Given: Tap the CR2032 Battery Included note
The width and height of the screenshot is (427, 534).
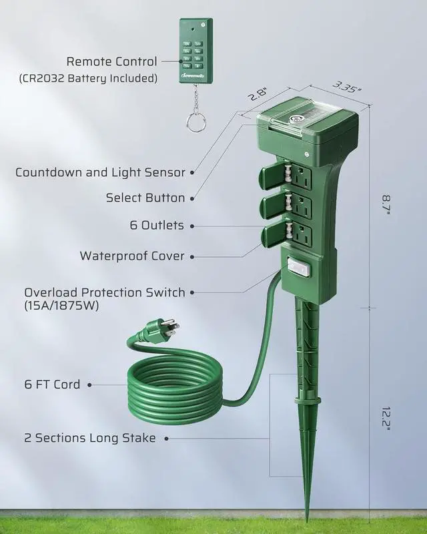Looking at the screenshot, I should tap(88, 79).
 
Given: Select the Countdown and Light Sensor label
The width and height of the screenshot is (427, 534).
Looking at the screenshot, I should tap(100, 172).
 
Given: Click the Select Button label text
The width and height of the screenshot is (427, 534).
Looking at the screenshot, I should tap(145, 198).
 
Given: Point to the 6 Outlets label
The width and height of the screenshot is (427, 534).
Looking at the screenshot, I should tap(157, 226).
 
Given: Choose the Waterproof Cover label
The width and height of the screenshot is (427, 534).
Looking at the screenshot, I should tap(132, 256).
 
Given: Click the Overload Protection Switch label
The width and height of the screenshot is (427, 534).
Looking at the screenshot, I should tap(105, 292).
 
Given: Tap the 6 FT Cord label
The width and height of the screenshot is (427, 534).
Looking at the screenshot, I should tap(52, 384).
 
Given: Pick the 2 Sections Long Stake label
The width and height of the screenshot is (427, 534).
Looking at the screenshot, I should tap(89, 438).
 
